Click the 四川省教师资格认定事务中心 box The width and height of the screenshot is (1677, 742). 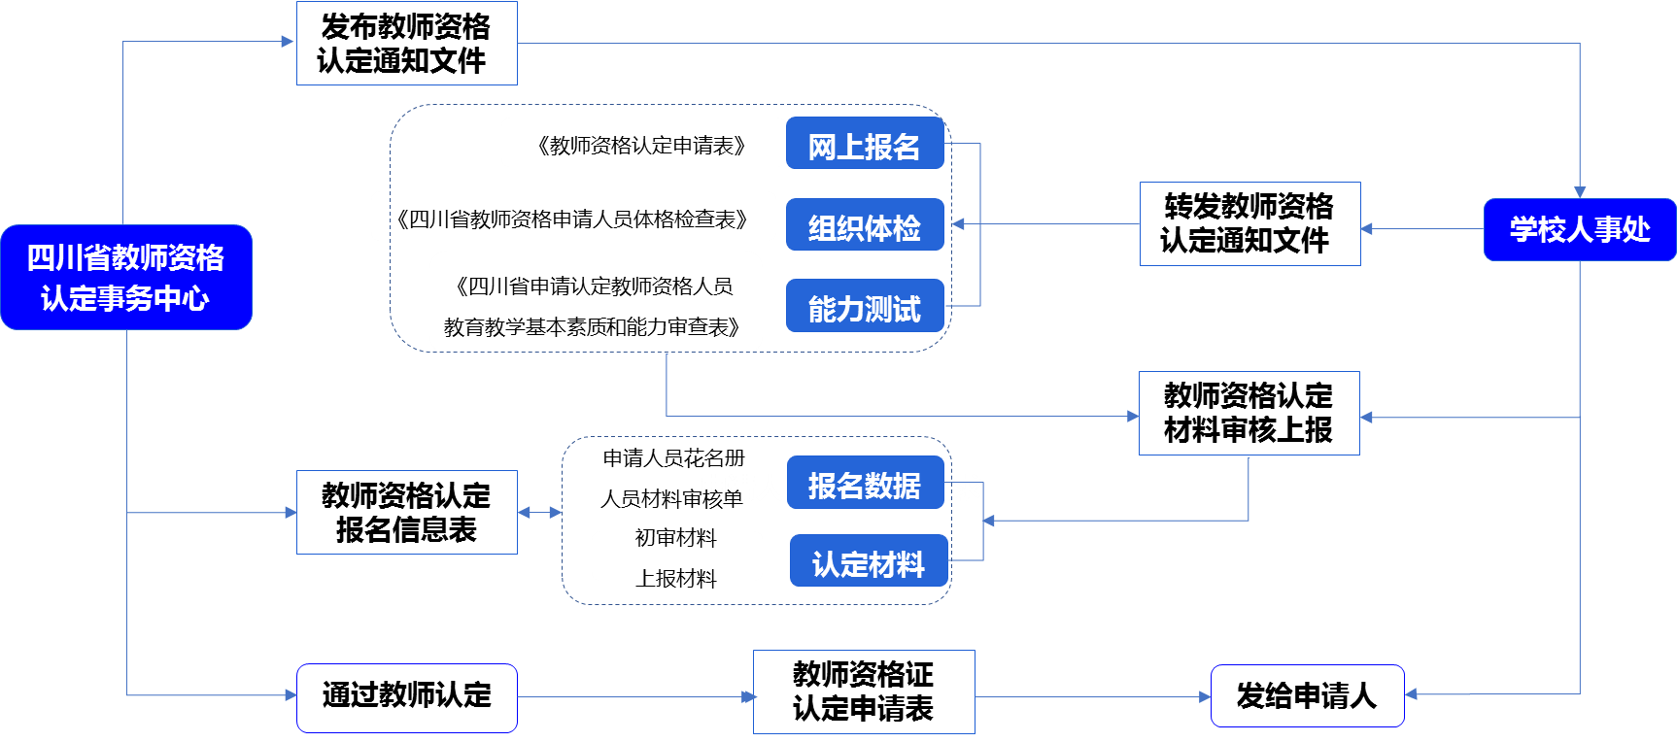[126, 278]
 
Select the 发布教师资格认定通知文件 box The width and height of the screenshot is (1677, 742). [406, 44]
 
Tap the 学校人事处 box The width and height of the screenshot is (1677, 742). [1579, 230]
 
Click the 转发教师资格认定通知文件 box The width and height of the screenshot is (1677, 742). [1249, 223]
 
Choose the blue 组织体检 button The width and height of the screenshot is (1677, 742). [865, 225]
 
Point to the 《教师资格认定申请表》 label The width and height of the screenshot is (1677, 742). [642, 144]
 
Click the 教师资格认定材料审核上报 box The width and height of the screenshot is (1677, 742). [1249, 413]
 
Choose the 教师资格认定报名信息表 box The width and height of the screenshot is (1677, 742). [406, 513]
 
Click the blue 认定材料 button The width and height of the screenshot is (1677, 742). [869, 561]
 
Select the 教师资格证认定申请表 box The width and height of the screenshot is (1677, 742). [864, 691]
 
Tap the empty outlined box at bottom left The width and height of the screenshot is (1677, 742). [406, 697]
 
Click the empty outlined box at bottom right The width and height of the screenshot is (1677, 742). [1307, 695]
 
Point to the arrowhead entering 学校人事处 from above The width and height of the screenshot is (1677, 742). [1580, 192]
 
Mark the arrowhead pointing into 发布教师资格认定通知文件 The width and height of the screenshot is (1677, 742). [288, 42]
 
